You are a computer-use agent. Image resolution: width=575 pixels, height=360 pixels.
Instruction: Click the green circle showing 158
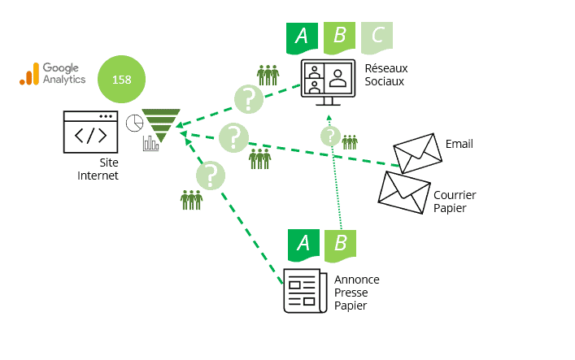[121, 80]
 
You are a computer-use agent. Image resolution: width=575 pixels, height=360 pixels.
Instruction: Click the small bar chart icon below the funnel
[150, 144]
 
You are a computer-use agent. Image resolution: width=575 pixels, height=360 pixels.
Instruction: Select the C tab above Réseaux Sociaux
[377, 37]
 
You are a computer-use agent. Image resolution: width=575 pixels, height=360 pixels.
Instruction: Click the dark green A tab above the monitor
[302, 37]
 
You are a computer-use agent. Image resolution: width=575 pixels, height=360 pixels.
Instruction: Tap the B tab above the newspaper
[341, 244]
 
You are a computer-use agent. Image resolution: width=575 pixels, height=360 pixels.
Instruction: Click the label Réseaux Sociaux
[385, 76]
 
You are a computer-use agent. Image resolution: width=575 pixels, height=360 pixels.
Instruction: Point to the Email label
[459, 145]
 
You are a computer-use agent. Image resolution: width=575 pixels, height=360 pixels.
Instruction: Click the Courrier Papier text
[455, 201]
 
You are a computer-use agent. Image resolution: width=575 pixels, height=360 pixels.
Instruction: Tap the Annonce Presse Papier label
[356, 293]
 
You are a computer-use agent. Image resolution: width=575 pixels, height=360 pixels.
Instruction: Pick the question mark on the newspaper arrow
[211, 175]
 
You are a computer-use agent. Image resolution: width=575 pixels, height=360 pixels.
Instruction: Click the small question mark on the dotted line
[329, 136]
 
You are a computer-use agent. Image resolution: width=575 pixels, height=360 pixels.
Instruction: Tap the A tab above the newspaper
[303, 244]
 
